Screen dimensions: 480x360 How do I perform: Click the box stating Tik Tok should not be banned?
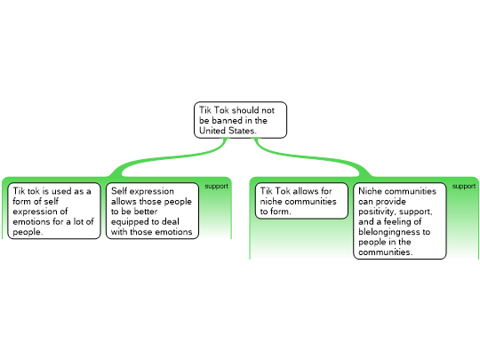240,120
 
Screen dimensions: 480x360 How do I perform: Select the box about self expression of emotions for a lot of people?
54,211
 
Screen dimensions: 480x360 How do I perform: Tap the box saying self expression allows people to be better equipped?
152,211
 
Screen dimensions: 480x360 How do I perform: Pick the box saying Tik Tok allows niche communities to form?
301,201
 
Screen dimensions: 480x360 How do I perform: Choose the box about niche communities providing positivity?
400,221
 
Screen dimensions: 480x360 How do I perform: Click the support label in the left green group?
216,186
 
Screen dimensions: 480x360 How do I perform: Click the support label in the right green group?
464,186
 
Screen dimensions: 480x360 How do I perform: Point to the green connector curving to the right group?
312,157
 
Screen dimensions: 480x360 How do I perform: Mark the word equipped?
131,222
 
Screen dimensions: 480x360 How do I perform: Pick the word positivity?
381,212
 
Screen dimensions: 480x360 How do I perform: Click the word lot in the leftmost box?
77,221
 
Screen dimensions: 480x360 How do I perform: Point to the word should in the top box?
245,110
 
